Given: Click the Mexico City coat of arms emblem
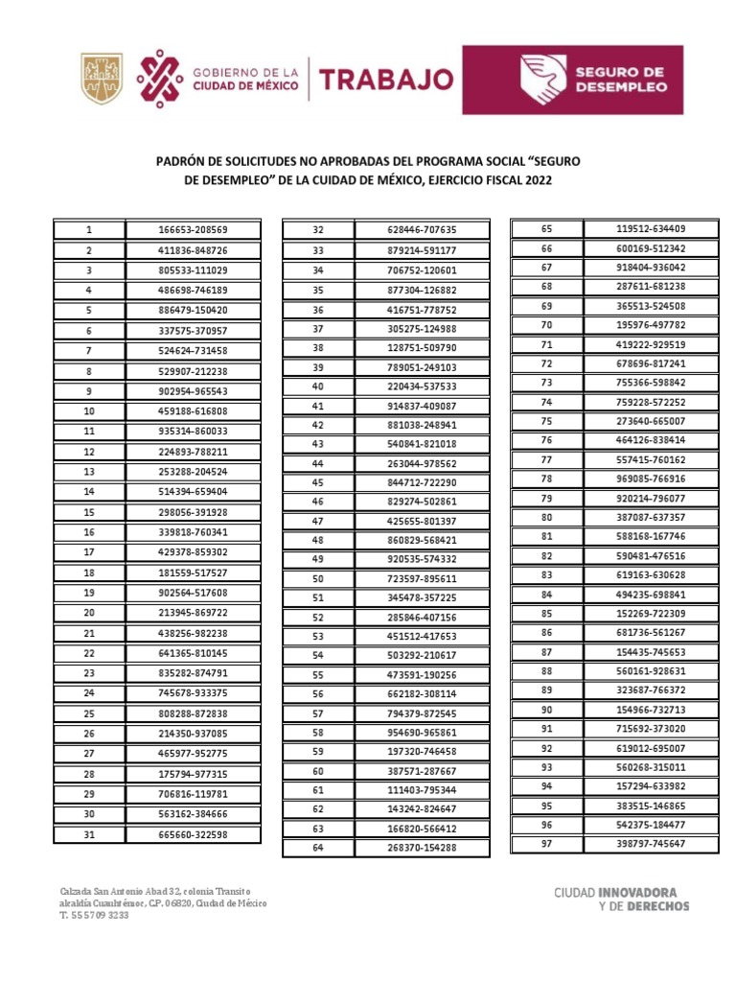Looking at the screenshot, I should pyautogui.click(x=100, y=78).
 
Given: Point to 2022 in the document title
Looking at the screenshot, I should pyautogui.click(x=537, y=179).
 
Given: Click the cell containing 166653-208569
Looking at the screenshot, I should pyautogui.click(x=193, y=230).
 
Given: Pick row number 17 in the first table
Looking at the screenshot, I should pyautogui.click(x=88, y=552).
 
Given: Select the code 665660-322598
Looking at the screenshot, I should pyautogui.click(x=193, y=834).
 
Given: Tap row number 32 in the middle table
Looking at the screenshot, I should pyautogui.click(x=318, y=230).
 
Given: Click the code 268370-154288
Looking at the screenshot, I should pyautogui.click(x=422, y=848).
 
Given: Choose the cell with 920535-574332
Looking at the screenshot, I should pyautogui.click(x=422, y=559).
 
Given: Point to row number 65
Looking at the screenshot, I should pyautogui.click(x=547, y=228).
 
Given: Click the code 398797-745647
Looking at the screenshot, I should pyautogui.click(x=651, y=843).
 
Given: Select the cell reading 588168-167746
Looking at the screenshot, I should pyautogui.click(x=651, y=536).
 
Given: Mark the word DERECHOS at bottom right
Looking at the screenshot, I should pyautogui.click(x=657, y=905).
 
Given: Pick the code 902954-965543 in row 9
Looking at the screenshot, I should pyautogui.click(x=193, y=391).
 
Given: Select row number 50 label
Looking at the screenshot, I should pyautogui.click(x=318, y=579).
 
